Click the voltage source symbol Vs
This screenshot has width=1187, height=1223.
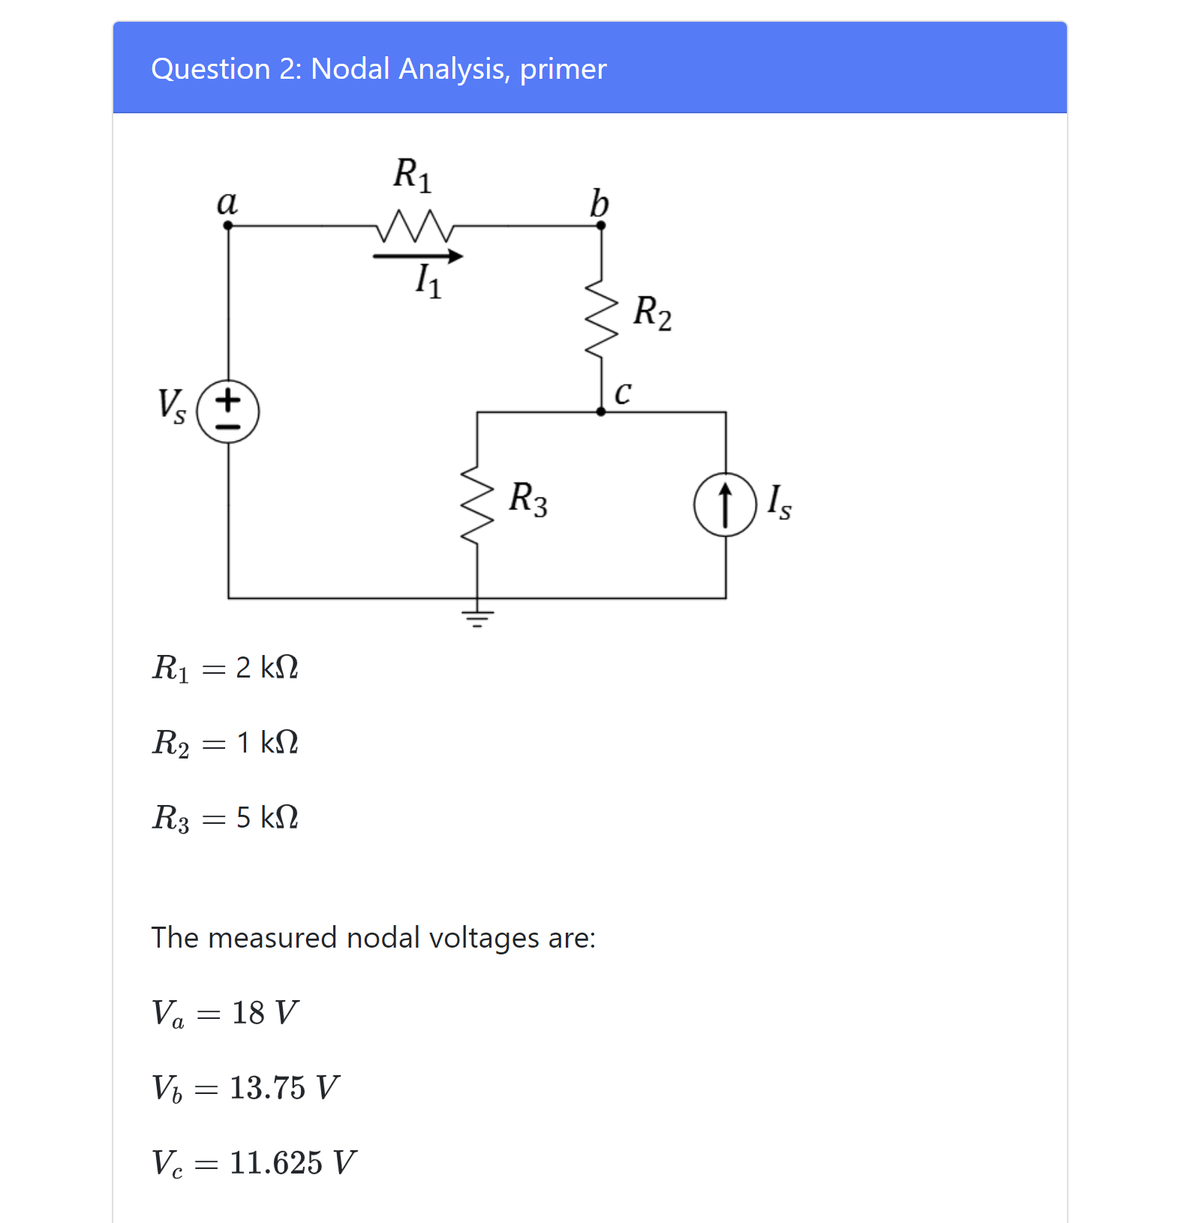click(x=228, y=412)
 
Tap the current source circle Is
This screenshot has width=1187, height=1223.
click(x=725, y=504)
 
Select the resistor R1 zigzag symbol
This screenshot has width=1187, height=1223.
click(x=414, y=226)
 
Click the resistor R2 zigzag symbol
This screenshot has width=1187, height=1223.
click(x=601, y=319)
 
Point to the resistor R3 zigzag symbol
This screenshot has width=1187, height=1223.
click(x=477, y=504)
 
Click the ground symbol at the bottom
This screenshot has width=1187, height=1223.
click(x=477, y=618)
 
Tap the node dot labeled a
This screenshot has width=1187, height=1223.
click(x=228, y=225)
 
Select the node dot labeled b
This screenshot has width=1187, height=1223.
click(x=601, y=225)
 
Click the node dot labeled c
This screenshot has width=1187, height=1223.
click(x=601, y=411)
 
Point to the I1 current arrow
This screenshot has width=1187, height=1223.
click(x=418, y=257)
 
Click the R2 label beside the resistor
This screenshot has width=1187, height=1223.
click(x=652, y=312)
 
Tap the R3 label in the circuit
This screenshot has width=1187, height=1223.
click(x=527, y=498)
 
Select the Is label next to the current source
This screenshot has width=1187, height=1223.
click(x=779, y=501)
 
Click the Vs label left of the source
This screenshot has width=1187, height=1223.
click(x=171, y=406)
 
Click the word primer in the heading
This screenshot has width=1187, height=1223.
click(x=563, y=69)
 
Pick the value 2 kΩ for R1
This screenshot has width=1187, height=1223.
click(x=267, y=667)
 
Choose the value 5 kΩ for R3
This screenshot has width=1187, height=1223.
click(x=267, y=817)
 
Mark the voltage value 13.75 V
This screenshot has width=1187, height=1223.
click(x=284, y=1087)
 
